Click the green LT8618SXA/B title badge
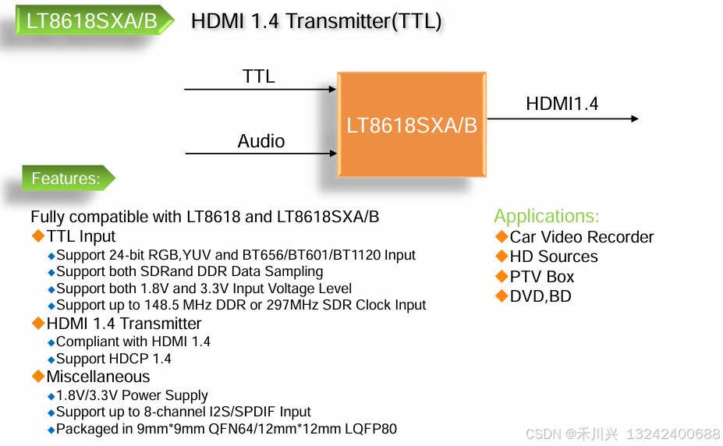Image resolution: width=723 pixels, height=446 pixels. point(92,21)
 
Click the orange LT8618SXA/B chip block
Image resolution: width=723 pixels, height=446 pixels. point(412,125)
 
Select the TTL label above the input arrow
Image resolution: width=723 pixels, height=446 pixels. point(258,76)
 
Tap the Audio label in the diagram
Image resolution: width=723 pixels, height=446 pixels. point(261,141)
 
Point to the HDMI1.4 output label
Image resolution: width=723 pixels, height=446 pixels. point(562,104)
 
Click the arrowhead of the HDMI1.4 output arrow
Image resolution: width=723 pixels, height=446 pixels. point(634,119)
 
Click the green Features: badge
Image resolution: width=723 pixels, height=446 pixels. point(66,179)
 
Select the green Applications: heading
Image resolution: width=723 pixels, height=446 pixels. point(547,217)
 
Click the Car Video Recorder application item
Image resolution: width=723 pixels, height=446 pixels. point(581,237)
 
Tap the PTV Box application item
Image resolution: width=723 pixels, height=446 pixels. point(541,277)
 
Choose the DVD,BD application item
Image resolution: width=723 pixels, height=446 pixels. point(540,296)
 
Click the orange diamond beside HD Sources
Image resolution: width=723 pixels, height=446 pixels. point(501,256)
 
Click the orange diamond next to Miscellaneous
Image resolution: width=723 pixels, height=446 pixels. point(38,376)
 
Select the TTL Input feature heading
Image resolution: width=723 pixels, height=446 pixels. point(80,236)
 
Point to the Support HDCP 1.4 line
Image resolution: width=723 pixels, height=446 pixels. point(114,359)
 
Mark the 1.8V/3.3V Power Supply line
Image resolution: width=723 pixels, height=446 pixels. point(132,395)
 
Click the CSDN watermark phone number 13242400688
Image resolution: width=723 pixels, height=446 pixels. point(674,434)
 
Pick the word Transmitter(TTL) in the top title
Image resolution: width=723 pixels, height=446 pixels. point(365,21)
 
